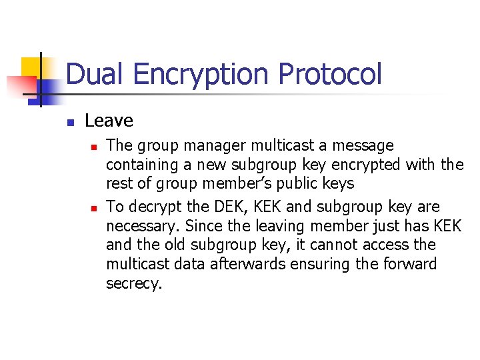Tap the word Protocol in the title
331,74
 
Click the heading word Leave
109,121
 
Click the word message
359,146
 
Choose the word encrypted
363,164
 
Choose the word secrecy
134,284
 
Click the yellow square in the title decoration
31,67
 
